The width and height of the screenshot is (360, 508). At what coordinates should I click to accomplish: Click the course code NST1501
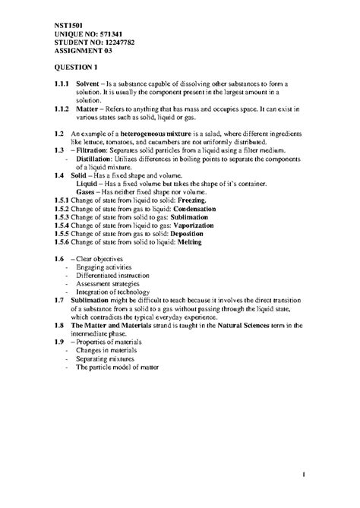tap(66, 25)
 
